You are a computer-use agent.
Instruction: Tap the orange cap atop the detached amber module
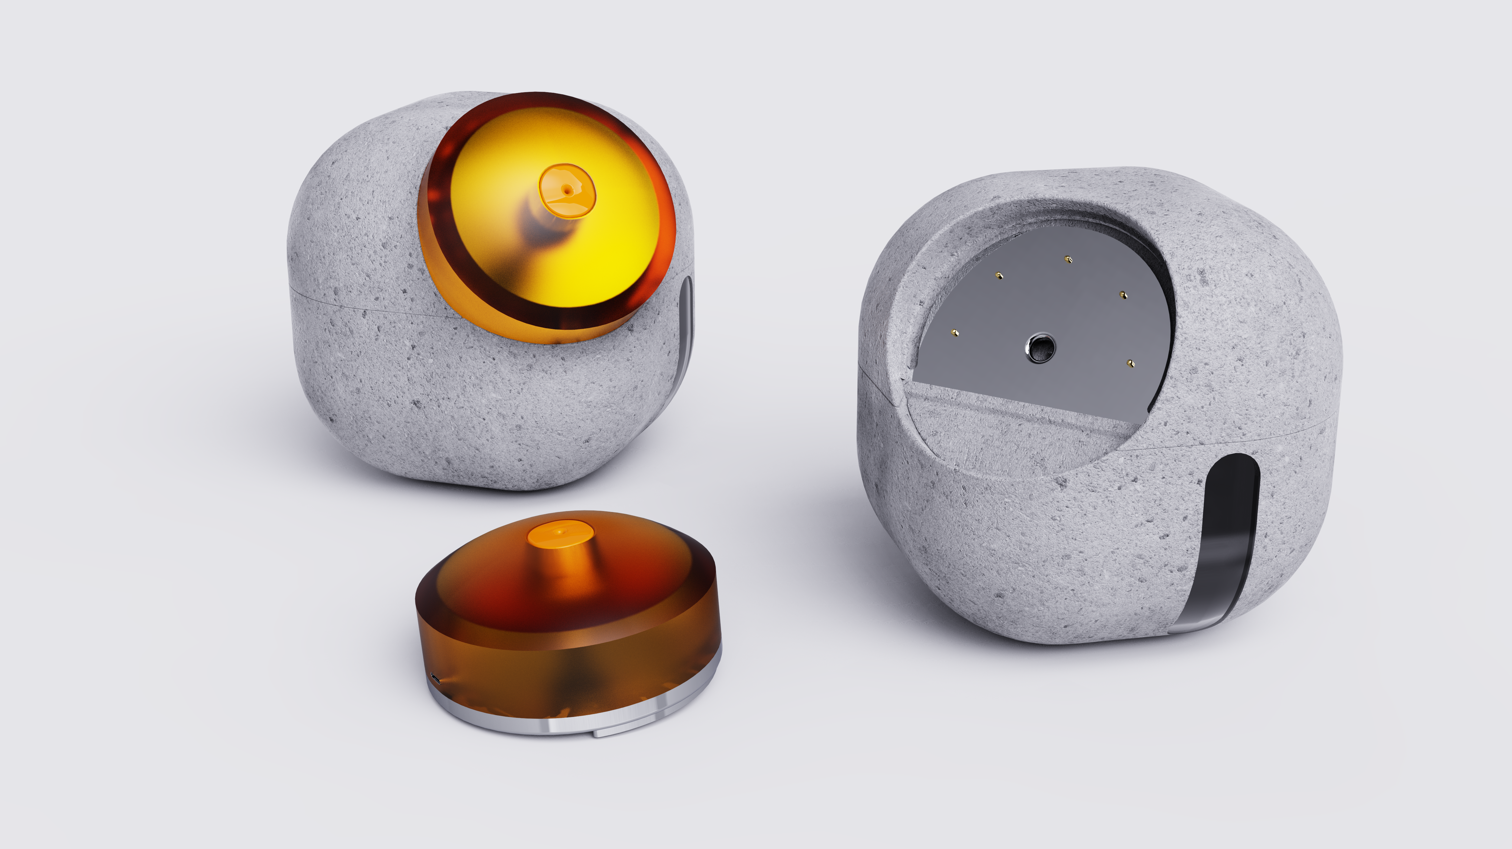pyautogui.click(x=560, y=534)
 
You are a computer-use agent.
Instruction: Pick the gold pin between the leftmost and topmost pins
pyautogui.click(x=997, y=275)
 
